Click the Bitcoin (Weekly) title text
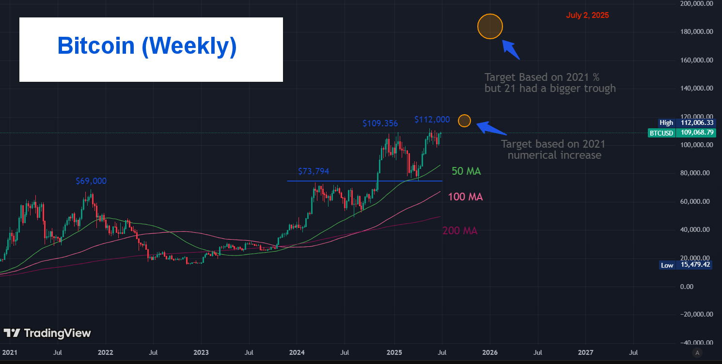pos(147,46)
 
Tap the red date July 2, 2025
pos(587,15)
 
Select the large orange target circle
pos(490,27)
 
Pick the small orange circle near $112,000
pos(464,121)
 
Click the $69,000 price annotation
pos(91,181)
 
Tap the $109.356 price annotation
pos(380,123)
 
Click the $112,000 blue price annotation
pos(432,120)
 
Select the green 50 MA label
pos(466,171)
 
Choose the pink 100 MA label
pos(465,197)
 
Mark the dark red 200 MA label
pos(460,231)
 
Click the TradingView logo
pos(47,333)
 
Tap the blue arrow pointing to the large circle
pos(511,50)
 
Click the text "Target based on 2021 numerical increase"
pos(553,150)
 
